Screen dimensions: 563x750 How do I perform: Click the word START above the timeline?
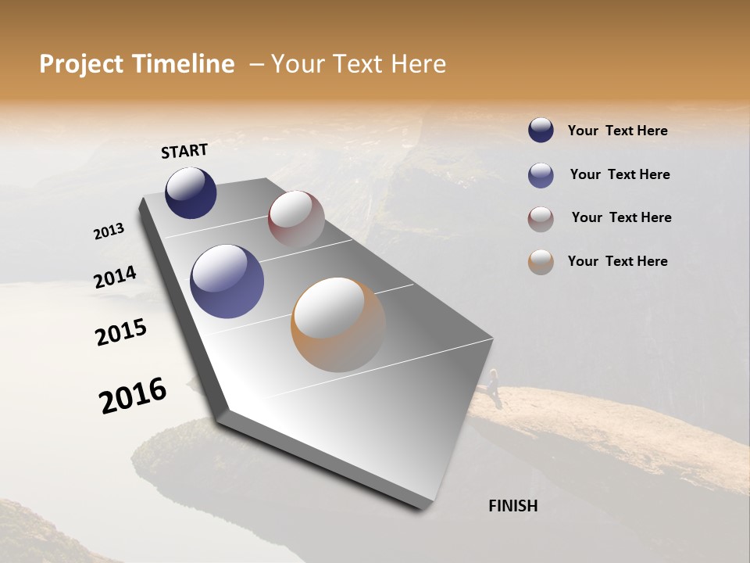click(x=184, y=151)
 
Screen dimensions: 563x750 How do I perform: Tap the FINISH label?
click(x=512, y=506)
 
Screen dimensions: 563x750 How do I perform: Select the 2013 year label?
click(x=109, y=231)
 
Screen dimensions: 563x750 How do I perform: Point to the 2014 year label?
click(x=115, y=278)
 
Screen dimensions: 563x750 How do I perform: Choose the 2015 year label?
click(x=121, y=332)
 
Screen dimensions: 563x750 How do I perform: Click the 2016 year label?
click(x=133, y=395)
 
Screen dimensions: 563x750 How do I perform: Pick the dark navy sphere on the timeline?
click(x=191, y=192)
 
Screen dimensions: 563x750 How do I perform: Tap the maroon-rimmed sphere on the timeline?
click(x=296, y=219)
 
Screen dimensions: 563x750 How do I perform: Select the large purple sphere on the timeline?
click(x=227, y=281)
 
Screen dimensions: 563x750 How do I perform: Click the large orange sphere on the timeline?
click(x=338, y=325)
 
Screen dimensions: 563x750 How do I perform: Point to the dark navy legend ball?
click(x=541, y=131)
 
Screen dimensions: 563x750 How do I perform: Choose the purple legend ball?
click(x=541, y=175)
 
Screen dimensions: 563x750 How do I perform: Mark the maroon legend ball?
click(x=541, y=219)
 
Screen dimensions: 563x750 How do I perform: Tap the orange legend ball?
click(x=541, y=262)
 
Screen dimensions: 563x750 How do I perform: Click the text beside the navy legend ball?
click(x=617, y=131)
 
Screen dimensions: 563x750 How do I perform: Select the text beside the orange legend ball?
click(x=617, y=261)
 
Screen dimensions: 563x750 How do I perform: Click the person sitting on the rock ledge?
click(x=494, y=382)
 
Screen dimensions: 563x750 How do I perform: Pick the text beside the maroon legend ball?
click(x=621, y=217)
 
